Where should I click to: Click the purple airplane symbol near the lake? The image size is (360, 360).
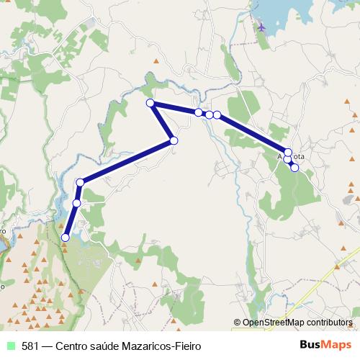[x=260, y=27]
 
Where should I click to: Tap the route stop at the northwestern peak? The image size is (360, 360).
[x=150, y=104]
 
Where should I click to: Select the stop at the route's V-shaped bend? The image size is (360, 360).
[x=174, y=140]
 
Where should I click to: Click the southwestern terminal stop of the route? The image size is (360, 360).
[x=66, y=237]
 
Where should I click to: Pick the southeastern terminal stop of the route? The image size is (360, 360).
[x=294, y=167]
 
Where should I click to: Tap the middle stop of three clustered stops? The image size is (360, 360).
[x=209, y=114]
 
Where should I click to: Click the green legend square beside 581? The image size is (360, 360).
[x=9, y=346]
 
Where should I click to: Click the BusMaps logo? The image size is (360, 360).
[x=325, y=345]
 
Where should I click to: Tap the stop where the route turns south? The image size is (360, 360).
[x=81, y=182]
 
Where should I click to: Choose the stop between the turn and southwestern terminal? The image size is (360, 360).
[x=76, y=204]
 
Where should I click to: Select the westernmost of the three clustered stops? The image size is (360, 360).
[x=199, y=112]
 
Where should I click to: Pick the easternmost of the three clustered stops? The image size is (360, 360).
[x=217, y=114]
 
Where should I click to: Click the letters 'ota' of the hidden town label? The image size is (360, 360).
[x=299, y=157]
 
